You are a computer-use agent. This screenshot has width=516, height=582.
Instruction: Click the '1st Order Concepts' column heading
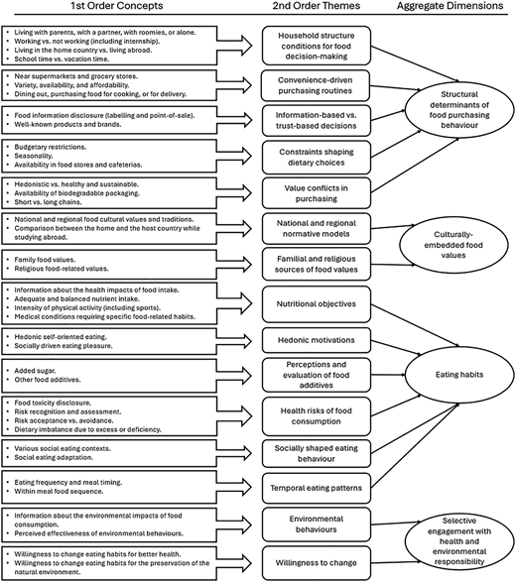(x=117, y=6)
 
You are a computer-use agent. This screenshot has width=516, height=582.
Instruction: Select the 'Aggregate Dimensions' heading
(x=450, y=6)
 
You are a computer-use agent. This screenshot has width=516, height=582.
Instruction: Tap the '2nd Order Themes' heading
(x=317, y=6)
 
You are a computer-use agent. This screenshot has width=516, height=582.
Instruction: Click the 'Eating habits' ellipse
(x=459, y=375)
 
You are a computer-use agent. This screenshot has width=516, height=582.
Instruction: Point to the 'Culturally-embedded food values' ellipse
(x=453, y=245)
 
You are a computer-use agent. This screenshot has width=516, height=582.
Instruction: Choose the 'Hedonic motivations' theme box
(x=317, y=340)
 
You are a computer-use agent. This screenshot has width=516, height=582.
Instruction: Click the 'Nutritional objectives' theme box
(x=317, y=304)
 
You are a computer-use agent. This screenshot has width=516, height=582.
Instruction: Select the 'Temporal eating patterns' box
(x=317, y=488)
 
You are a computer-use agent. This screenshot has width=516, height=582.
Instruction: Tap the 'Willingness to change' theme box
(x=317, y=563)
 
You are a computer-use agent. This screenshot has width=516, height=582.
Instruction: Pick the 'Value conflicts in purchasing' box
(x=317, y=193)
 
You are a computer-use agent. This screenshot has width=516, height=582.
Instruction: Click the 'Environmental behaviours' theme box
(x=317, y=524)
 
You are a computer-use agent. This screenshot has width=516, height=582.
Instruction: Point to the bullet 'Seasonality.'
(x=34, y=156)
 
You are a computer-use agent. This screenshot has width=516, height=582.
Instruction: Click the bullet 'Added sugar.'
(x=35, y=371)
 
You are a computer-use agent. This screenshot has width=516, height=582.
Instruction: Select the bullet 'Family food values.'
(x=45, y=260)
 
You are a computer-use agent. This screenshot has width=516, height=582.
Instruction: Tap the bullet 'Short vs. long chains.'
(x=48, y=202)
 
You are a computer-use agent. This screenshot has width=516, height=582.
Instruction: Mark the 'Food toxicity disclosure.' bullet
(x=53, y=403)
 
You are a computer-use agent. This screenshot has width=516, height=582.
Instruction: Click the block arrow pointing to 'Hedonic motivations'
(x=234, y=341)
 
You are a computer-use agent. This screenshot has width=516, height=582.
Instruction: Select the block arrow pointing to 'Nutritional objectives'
(x=234, y=303)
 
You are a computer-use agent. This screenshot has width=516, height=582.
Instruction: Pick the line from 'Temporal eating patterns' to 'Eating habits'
(x=416, y=446)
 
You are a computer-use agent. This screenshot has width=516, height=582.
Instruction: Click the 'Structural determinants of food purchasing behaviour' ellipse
(x=459, y=110)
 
